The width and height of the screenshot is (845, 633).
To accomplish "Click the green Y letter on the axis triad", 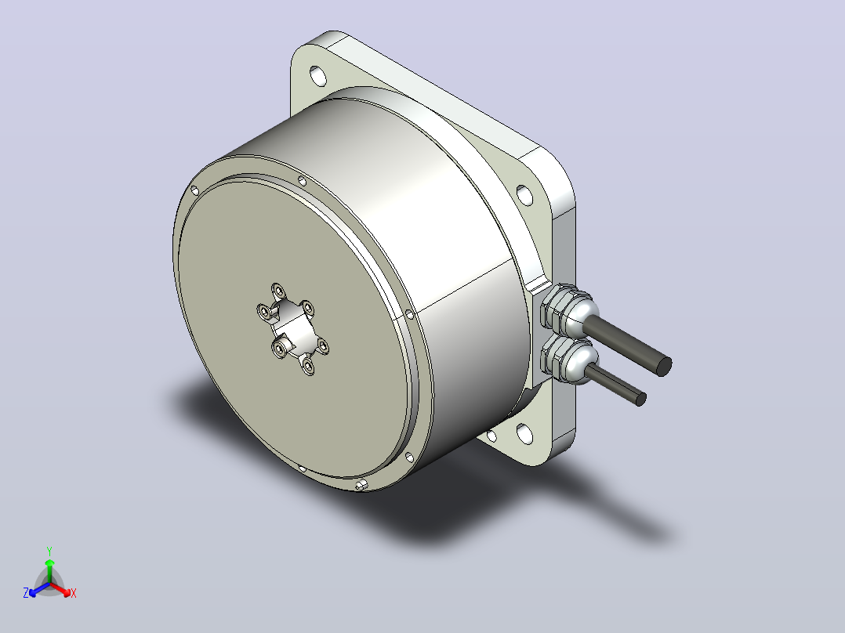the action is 49,551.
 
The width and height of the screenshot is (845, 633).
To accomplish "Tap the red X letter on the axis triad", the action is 74,593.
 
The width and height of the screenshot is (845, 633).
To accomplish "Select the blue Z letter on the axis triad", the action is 26,592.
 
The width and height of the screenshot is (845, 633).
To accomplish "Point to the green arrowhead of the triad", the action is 49,562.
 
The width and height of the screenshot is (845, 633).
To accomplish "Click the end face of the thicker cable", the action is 664,367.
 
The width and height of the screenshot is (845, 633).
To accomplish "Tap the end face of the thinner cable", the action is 640,400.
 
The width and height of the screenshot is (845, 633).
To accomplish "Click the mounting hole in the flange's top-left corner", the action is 318,76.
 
